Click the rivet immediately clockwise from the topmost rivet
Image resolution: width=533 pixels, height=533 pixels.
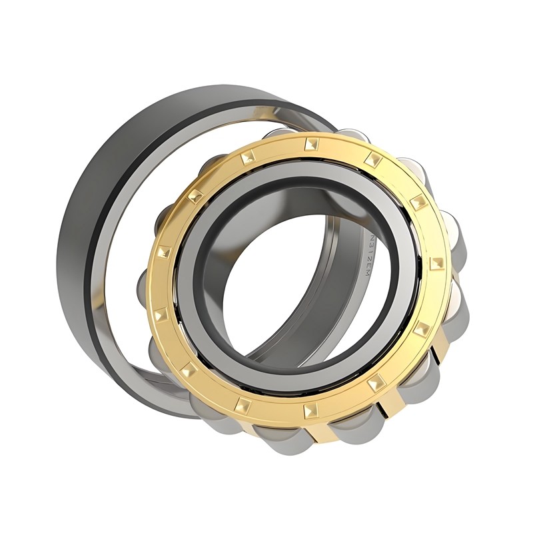click(x=372, y=160)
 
